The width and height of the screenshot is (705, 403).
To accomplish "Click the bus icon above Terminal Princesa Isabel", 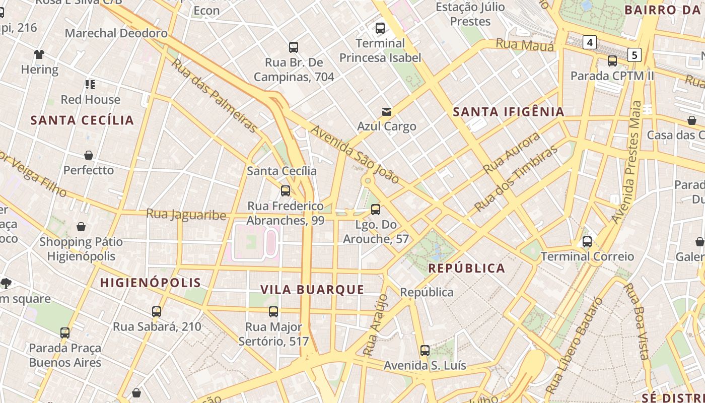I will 380,28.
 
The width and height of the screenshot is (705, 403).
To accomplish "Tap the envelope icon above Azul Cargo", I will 387,111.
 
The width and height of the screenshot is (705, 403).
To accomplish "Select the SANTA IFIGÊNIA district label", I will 509,112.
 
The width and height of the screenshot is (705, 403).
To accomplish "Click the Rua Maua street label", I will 525,45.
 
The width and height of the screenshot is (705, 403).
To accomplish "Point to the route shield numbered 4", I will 589,42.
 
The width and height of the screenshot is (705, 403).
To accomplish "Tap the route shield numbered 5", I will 634,54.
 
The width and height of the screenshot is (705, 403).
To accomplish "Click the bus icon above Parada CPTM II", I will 612,61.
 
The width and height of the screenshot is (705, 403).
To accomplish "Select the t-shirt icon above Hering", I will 39,54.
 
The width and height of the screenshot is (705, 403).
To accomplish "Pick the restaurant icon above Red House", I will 90,84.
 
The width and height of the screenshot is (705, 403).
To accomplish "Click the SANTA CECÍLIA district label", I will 83,120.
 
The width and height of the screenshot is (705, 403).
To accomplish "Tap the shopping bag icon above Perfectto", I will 89,155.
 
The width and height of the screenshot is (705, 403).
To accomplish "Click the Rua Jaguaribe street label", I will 186,215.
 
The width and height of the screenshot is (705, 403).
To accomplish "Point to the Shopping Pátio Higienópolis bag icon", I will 81,227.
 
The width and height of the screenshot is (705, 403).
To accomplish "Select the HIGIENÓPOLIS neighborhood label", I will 151,283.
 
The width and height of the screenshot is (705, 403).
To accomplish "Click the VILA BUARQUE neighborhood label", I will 312,290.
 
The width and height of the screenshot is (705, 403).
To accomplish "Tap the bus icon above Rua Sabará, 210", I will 157,312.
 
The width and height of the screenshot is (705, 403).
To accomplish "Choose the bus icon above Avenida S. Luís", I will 425,351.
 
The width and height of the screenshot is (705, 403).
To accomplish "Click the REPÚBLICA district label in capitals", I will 466,268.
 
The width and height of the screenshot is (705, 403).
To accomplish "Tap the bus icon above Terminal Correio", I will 587,242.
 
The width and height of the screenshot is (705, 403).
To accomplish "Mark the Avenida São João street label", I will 355,155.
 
